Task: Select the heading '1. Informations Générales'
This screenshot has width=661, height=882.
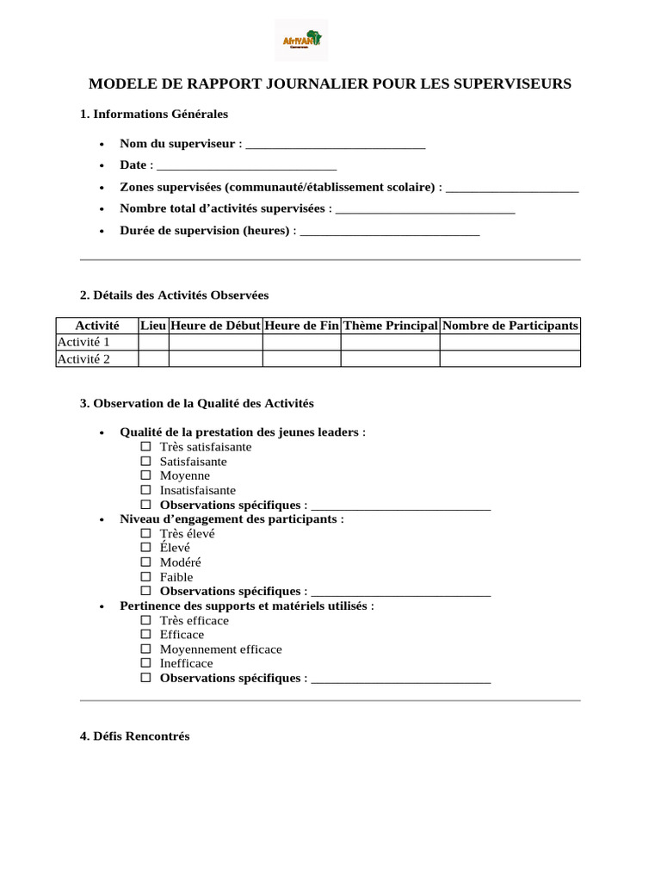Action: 154,114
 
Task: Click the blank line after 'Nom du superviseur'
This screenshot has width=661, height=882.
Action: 335,145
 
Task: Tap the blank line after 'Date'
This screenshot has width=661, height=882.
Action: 246,165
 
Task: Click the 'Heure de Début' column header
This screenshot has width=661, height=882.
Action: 215,326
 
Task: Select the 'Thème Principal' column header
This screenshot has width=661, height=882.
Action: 390,326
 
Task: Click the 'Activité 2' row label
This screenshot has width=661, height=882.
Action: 83,359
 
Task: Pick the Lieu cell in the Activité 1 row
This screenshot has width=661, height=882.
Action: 153,343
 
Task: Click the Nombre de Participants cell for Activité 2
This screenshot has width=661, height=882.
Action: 510,359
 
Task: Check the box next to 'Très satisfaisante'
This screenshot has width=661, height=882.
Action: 145,447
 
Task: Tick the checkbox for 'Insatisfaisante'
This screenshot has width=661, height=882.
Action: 145,490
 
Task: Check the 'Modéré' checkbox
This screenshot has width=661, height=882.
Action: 145,562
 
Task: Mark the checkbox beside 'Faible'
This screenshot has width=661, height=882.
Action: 145,577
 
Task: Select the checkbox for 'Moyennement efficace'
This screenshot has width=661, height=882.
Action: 145,649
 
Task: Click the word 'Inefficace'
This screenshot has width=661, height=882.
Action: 186,663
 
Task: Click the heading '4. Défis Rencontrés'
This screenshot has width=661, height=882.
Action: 134,736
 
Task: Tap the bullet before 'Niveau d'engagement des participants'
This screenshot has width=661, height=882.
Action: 102,520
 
